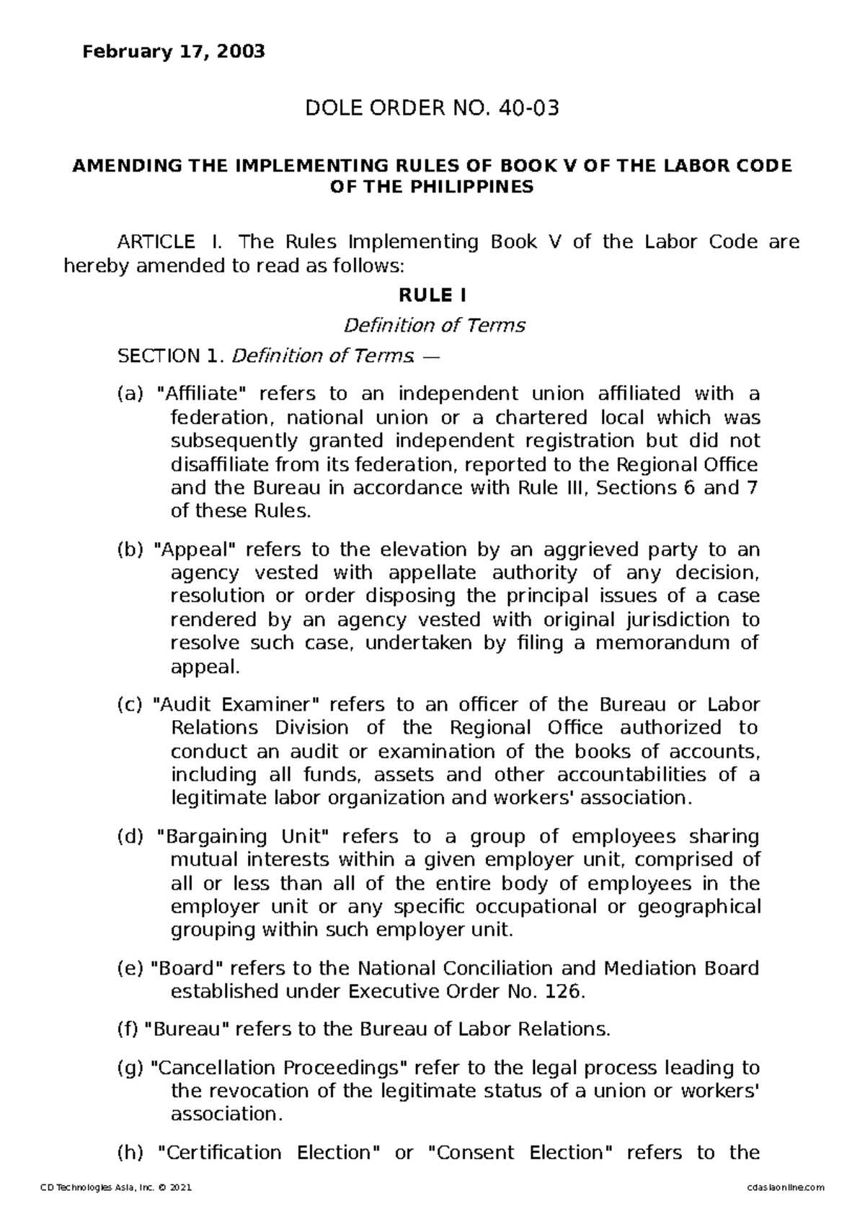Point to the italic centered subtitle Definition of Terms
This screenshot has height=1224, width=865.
(x=434, y=326)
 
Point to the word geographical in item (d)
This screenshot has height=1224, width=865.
(x=699, y=907)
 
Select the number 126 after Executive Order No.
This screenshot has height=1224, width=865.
(x=562, y=992)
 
